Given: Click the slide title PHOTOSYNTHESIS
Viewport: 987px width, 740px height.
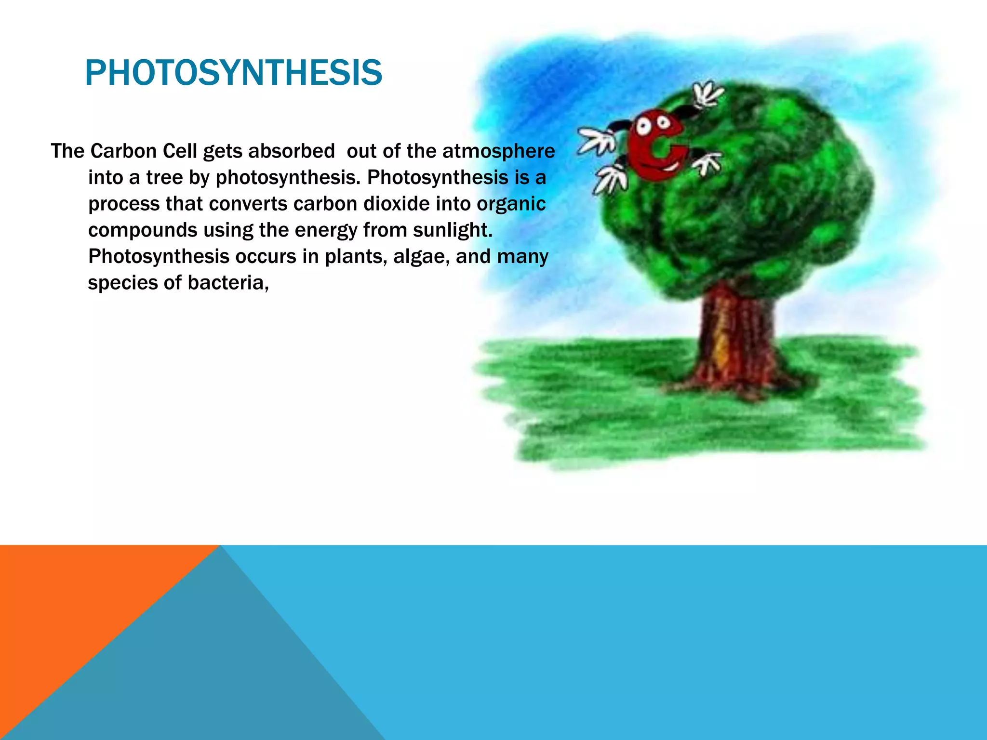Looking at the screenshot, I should pos(233,73).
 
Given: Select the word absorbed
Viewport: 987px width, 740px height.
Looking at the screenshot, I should pos(291,151).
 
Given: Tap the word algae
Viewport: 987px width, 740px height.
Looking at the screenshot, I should pos(421,257).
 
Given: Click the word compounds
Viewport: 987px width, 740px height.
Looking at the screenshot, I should pos(143,230).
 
